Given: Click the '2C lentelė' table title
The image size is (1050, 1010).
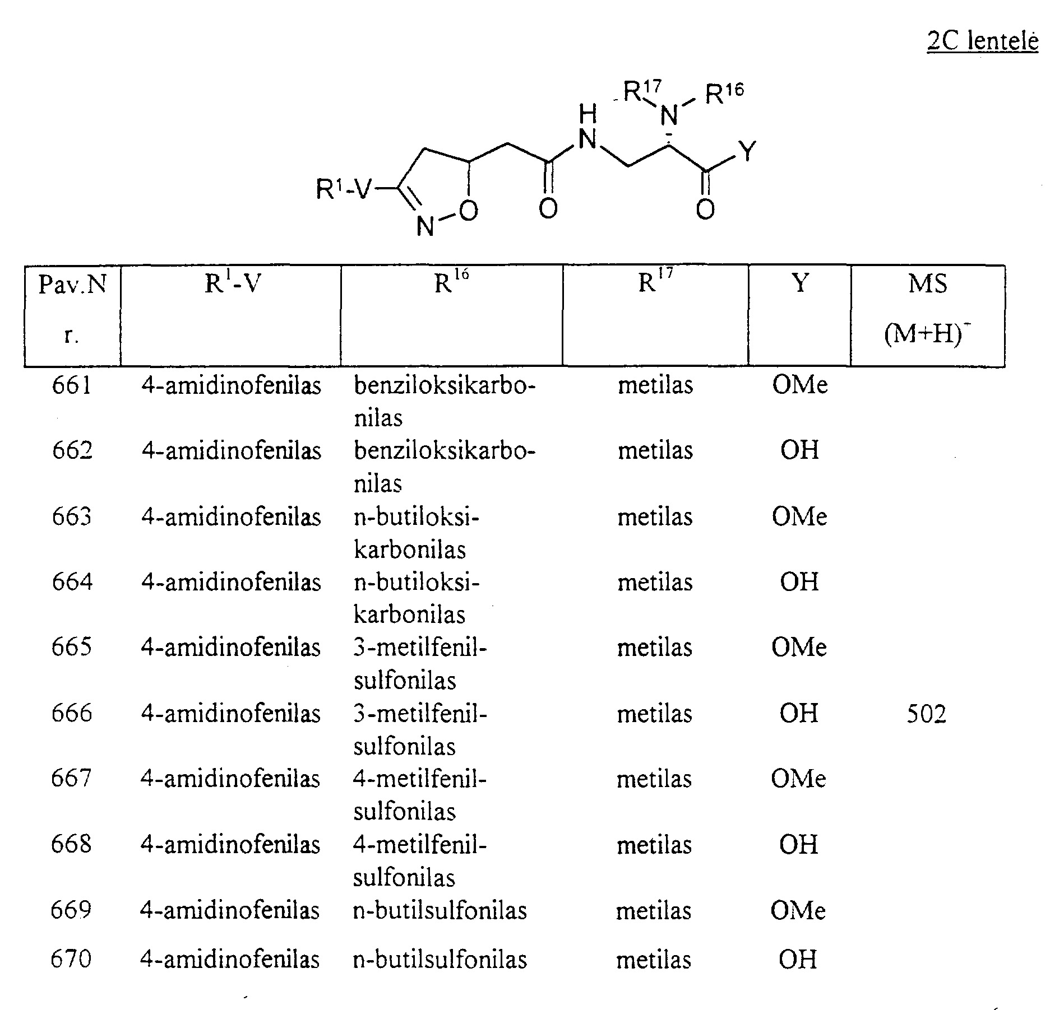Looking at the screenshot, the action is point(982,42).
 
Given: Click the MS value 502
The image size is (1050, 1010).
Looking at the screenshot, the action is point(927,714).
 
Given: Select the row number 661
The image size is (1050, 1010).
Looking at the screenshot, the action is point(72,385).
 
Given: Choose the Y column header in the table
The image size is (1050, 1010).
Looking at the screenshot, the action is point(800,283).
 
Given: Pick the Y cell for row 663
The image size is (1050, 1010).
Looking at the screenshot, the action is point(799,516).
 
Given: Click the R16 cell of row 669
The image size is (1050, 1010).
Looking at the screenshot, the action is point(440,910).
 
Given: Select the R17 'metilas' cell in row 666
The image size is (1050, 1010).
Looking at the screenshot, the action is point(655,714).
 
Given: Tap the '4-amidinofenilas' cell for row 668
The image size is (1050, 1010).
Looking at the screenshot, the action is point(230,844).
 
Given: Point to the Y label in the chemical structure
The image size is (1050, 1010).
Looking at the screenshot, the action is point(747,151).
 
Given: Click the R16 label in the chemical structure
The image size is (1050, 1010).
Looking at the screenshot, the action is point(724,94).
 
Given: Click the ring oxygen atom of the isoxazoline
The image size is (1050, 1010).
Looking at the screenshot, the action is point(468,210).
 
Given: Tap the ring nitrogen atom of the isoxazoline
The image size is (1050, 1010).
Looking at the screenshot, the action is point(425,226).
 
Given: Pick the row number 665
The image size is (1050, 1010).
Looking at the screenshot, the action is point(71,648).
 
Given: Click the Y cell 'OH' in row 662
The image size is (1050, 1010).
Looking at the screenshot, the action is point(799,450).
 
